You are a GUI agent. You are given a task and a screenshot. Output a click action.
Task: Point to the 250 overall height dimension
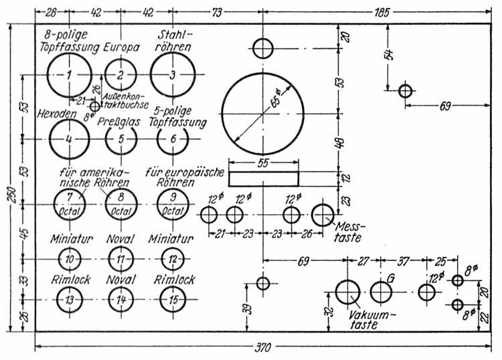point(11,194)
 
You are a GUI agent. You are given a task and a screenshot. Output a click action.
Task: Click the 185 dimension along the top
point(382,13)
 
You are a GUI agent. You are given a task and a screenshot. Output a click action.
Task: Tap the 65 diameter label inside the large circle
point(276,98)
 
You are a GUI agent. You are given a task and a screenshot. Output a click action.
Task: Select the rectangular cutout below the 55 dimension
point(264,179)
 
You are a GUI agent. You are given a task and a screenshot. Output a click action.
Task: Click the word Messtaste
point(349,232)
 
